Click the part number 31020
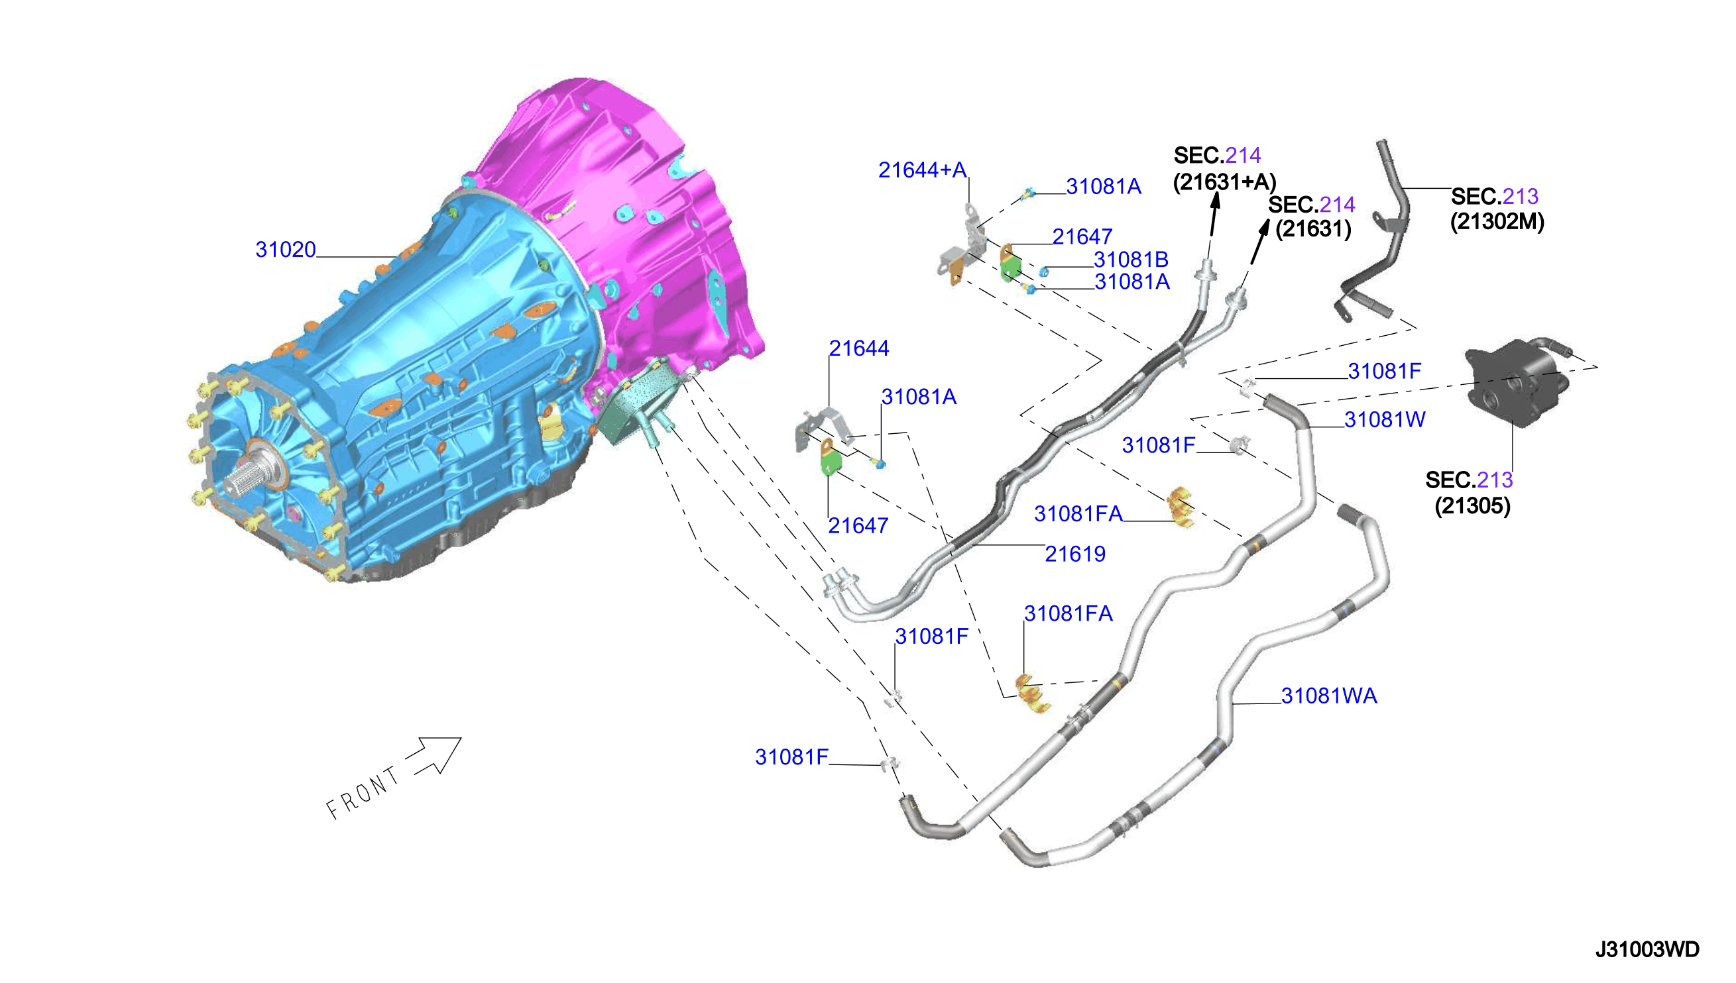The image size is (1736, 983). click(x=285, y=250)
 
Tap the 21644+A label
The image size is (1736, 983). click(x=922, y=170)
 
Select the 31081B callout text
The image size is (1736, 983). click(x=1131, y=259)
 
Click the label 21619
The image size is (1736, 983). click(x=1074, y=554)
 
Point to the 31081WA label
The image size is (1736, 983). click(x=1329, y=696)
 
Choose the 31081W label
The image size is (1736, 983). click(x=1385, y=419)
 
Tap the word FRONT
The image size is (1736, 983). click(x=363, y=793)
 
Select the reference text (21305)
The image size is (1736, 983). click(x=1473, y=505)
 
